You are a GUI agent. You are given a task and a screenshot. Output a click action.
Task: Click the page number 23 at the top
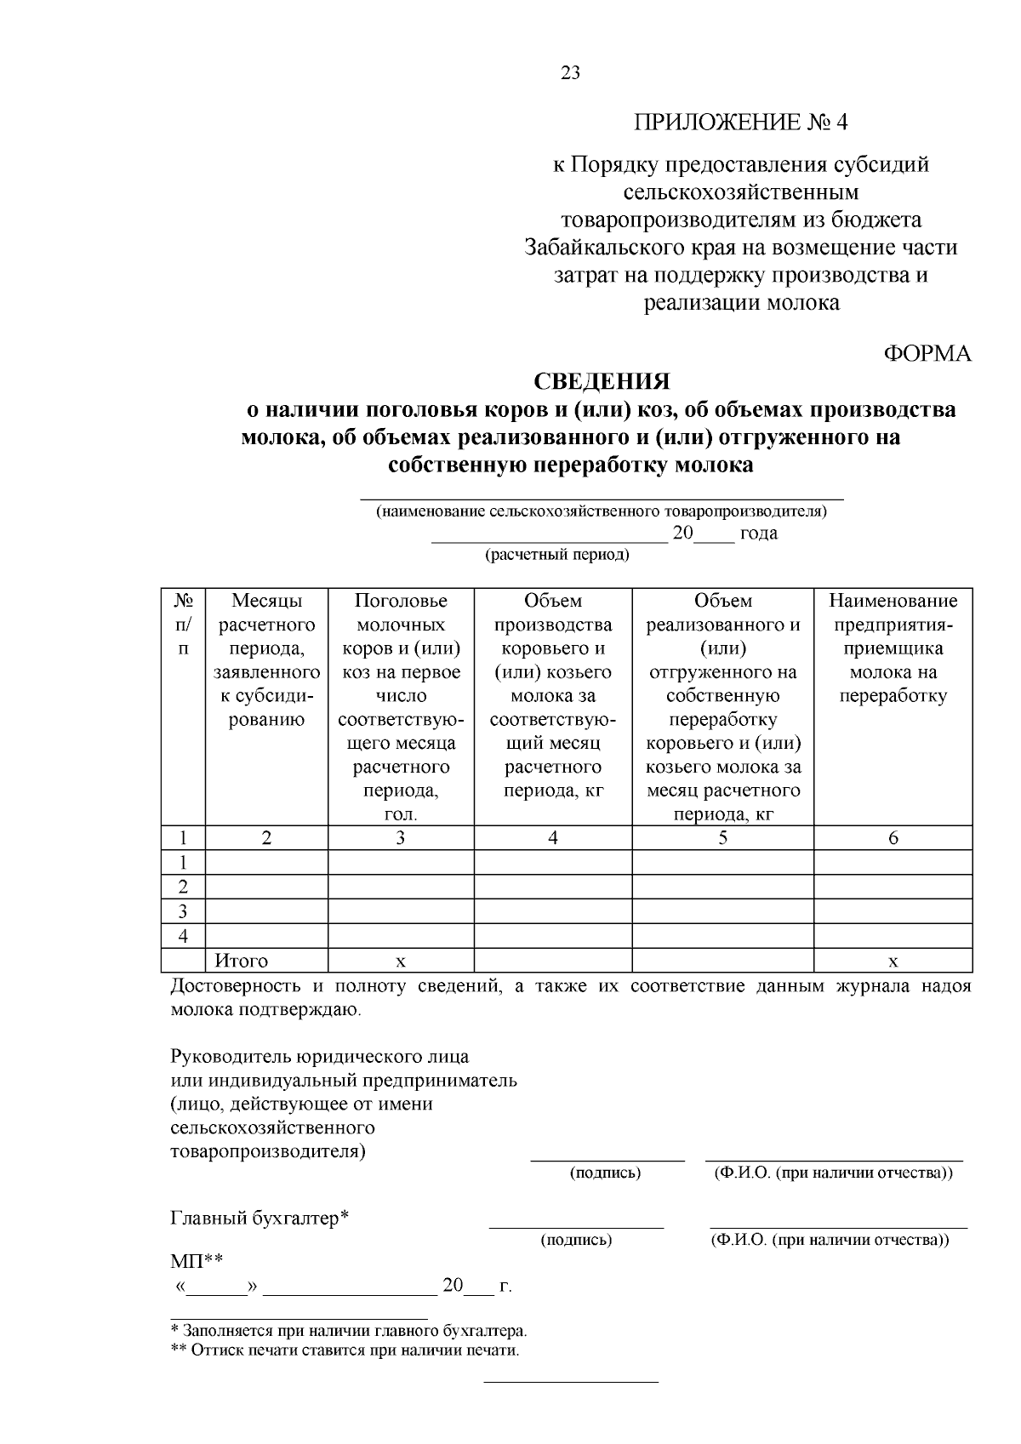tap(570, 73)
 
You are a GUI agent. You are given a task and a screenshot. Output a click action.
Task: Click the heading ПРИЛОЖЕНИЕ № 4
tap(740, 123)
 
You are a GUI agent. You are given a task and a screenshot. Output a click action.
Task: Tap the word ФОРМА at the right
tap(927, 354)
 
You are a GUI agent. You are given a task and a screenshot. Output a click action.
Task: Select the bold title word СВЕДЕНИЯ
tap(602, 380)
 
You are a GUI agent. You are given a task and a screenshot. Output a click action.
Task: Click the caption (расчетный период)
tap(557, 556)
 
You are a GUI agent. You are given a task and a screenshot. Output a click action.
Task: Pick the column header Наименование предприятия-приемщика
tap(893, 648)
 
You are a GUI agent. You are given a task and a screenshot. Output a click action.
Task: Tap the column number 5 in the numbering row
tap(722, 838)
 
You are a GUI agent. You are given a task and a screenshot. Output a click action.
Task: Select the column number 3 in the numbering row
tap(401, 838)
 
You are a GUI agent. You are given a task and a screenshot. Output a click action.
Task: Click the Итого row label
tap(242, 961)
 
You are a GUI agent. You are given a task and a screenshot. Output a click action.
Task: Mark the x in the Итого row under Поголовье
tap(401, 962)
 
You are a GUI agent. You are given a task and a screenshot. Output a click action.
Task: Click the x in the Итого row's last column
tap(893, 962)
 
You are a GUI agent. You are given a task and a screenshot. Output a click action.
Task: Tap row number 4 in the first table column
tap(182, 937)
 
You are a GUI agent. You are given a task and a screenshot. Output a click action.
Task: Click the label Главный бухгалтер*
tap(260, 1218)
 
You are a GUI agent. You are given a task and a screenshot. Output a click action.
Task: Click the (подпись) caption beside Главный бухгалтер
tap(576, 1240)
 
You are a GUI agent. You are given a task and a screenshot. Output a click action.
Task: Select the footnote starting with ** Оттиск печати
tap(345, 1350)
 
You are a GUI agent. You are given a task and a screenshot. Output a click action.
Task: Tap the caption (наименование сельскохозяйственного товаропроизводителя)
tap(602, 511)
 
